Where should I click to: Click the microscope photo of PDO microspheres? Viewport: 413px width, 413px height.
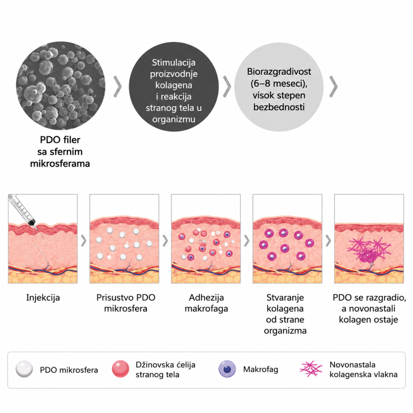click(x=60, y=86)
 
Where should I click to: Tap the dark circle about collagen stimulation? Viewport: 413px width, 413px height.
click(x=173, y=87)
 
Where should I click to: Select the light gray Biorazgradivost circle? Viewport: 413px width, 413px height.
click(x=279, y=87)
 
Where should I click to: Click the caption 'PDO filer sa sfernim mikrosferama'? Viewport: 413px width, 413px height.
click(x=60, y=152)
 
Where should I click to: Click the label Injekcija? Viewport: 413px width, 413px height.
click(x=43, y=298)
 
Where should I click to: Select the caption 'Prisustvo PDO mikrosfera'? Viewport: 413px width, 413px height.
click(x=126, y=303)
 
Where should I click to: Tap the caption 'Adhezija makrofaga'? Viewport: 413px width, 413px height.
click(x=206, y=303)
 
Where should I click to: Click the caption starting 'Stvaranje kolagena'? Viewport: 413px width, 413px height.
click(x=285, y=314)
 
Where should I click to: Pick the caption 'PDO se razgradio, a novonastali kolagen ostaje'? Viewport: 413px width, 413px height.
click(x=369, y=309)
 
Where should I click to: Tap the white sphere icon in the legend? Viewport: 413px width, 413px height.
click(x=24, y=369)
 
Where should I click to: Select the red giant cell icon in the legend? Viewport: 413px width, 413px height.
click(x=121, y=369)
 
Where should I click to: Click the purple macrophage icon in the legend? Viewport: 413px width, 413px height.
click(x=227, y=369)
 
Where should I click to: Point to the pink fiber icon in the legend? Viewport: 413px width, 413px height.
click(x=311, y=369)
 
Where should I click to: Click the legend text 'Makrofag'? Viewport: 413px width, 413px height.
click(x=261, y=370)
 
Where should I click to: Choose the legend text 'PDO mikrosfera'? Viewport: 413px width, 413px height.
click(x=69, y=370)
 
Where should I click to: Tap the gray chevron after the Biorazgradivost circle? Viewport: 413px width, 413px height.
click(x=333, y=87)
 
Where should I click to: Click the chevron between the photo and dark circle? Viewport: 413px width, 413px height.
click(x=117, y=87)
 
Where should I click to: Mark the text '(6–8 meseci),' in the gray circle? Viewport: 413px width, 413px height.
click(x=279, y=83)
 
